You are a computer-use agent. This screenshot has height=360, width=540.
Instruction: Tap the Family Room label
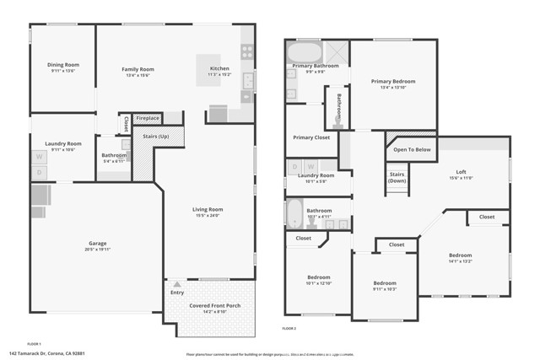point(138,69)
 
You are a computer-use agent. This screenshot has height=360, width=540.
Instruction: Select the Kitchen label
point(219,68)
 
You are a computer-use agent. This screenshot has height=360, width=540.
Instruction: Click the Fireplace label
point(148,118)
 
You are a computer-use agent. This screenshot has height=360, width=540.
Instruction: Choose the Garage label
point(97,244)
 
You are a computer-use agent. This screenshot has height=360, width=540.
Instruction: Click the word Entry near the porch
point(177,293)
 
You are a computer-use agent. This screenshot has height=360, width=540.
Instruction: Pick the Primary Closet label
point(311,137)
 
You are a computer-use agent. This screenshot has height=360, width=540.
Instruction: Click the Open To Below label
point(412,149)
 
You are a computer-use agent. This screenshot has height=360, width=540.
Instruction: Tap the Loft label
point(461,171)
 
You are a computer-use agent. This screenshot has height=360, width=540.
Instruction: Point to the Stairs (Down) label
point(397,178)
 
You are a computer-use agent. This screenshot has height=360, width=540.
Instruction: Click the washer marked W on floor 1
point(39,158)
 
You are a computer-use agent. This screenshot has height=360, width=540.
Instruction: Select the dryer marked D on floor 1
point(39,172)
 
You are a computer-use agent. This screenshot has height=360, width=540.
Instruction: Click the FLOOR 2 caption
point(289,327)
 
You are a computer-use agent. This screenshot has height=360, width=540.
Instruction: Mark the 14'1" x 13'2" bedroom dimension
point(460,261)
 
